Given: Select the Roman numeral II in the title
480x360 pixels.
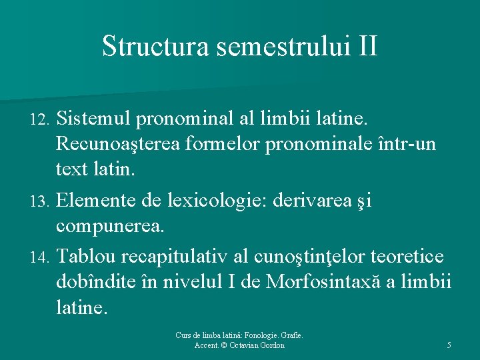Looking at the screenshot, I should (x=367, y=47).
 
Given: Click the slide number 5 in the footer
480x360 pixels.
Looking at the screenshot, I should (x=449, y=345).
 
